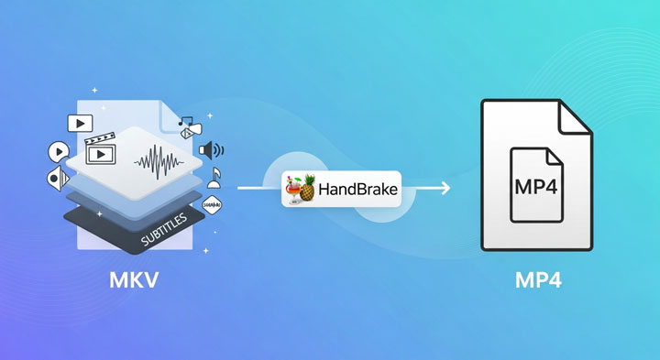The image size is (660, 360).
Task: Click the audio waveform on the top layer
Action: click(159, 162)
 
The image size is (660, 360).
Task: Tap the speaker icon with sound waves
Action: click(211, 149)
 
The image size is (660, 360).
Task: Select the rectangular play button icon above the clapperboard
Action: click(81, 122)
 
